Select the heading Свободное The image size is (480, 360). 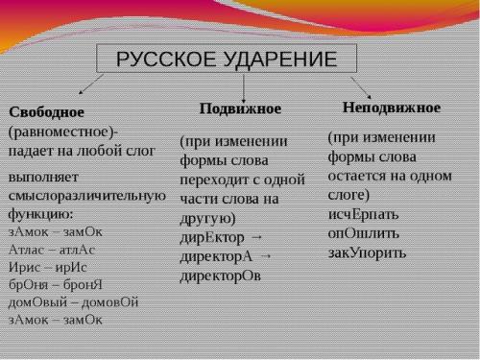[x=48, y=112]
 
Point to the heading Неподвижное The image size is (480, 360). [x=392, y=107]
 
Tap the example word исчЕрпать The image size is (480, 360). [x=364, y=212]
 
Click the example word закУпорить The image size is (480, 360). [x=367, y=252]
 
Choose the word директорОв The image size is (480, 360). [x=220, y=276]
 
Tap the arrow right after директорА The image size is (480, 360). [x=266, y=255]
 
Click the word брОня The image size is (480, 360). [x=26, y=283]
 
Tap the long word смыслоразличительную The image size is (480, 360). [x=87, y=196]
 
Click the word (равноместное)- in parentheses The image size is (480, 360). [x=63, y=132]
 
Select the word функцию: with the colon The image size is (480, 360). [x=42, y=214]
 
